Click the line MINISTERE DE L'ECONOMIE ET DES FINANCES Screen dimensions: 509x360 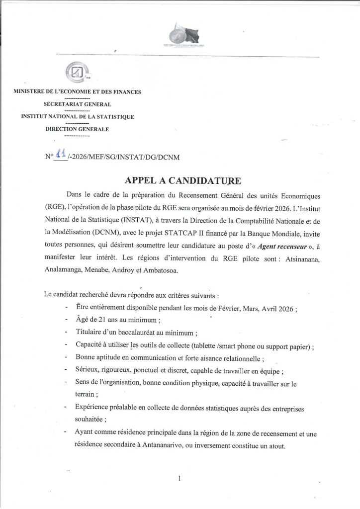point(77,91)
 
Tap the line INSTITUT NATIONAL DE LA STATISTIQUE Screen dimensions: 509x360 point(77,117)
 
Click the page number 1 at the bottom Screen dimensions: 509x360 point(179,478)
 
